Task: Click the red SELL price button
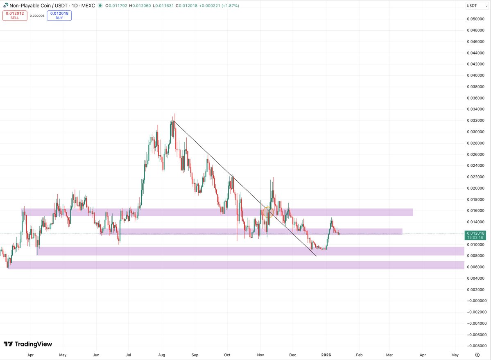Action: [x=15, y=16]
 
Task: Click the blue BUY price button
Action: [x=59, y=16]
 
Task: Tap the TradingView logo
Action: [x=28, y=344]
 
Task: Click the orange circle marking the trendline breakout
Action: [x=268, y=212]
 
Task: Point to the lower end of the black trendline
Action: [x=316, y=256]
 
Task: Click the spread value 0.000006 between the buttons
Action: [x=37, y=16]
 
